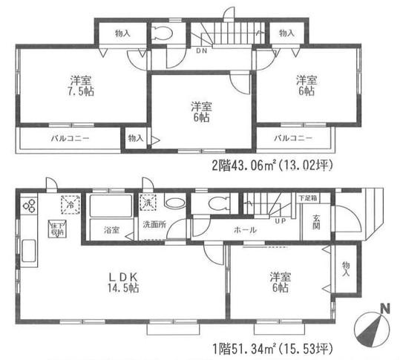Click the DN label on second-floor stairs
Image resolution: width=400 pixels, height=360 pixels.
click(201, 51)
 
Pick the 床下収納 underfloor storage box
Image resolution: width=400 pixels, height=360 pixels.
click(56, 227)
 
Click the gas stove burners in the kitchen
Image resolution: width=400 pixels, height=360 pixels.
click(30, 206)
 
